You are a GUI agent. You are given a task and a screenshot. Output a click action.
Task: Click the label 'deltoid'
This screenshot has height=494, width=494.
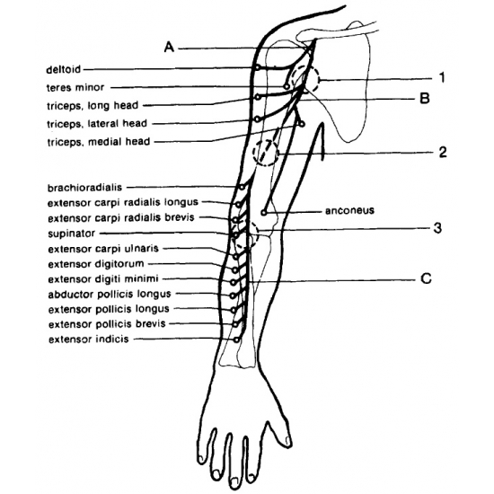tap(64, 69)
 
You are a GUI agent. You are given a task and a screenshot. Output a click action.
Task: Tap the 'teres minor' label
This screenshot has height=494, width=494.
tap(75, 87)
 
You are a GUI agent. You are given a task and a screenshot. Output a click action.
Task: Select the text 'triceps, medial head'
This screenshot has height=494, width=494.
tap(99, 142)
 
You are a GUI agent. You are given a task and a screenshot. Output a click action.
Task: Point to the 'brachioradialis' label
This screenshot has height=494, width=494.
tap(84, 188)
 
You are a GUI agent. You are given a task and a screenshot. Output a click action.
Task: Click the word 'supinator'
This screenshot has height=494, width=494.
tap(72, 234)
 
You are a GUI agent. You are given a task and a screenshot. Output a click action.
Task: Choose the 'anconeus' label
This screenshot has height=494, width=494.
tap(349, 210)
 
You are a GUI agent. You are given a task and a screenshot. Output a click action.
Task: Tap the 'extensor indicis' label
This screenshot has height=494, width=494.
tap(89, 340)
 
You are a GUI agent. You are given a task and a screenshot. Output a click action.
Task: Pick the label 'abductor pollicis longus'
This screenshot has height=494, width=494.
tap(110, 295)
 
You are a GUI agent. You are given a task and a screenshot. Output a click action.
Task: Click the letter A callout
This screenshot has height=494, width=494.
tap(169, 48)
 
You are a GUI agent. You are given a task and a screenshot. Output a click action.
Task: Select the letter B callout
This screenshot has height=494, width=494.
tap(425, 98)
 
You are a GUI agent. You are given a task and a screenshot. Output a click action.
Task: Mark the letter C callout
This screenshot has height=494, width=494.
tap(426, 278)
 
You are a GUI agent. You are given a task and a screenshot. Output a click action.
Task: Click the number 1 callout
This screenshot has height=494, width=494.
tap(442, 77)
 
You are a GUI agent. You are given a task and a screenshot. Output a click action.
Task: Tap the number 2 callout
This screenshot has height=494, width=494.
tap(443, 152)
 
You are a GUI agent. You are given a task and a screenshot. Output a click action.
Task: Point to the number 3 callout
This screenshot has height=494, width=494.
tap(437, 228)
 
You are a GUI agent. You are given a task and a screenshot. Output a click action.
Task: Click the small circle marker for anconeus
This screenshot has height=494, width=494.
tap(264, 213)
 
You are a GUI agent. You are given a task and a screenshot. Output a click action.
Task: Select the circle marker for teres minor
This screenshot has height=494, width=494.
tap(287, 86)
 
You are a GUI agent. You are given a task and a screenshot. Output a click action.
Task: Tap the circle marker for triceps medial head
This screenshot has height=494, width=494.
tap(302, 125)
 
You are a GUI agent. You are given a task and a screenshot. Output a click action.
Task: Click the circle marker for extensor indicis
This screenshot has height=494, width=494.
tap(236, 340)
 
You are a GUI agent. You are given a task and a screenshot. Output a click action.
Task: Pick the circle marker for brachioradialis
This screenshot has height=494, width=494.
tap(242, 188)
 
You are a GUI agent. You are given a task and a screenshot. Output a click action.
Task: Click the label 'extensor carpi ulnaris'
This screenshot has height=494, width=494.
tap(103, 249)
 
